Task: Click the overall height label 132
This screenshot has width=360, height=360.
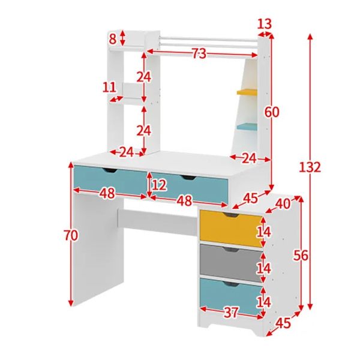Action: (x=310, y=167)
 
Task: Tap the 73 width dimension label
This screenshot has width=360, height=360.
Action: (x=199, y=54)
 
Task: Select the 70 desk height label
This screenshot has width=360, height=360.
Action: (x=71, y=236)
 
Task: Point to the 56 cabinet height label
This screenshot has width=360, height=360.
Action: (x=301, y=256)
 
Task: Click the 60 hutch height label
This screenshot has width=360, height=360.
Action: (x=272, y=112)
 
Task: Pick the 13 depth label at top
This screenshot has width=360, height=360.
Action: (x=264, y=24)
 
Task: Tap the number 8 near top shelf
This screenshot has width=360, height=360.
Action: (x=113, y=39)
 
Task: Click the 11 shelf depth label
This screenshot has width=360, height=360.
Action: (x=109, y=87)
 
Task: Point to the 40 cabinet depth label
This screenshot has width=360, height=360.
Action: (x=282, y=203)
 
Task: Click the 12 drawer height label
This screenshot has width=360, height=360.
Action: (x=159, y=185)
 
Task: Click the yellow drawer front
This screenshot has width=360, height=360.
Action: (x=230, y=229)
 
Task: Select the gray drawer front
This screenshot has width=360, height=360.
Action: (x=230, y=263)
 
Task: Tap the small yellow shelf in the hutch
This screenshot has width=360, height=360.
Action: (x=247, y=92)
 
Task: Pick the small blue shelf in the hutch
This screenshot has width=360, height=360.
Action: (x=247, y=127)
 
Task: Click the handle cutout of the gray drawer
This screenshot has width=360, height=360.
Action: (x=230, y=250)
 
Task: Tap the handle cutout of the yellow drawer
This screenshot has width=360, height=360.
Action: (x=230, y=215)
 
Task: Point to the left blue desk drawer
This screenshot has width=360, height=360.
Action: (x=110, y=180)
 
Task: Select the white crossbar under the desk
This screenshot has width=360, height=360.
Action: (x=157, y=222)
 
